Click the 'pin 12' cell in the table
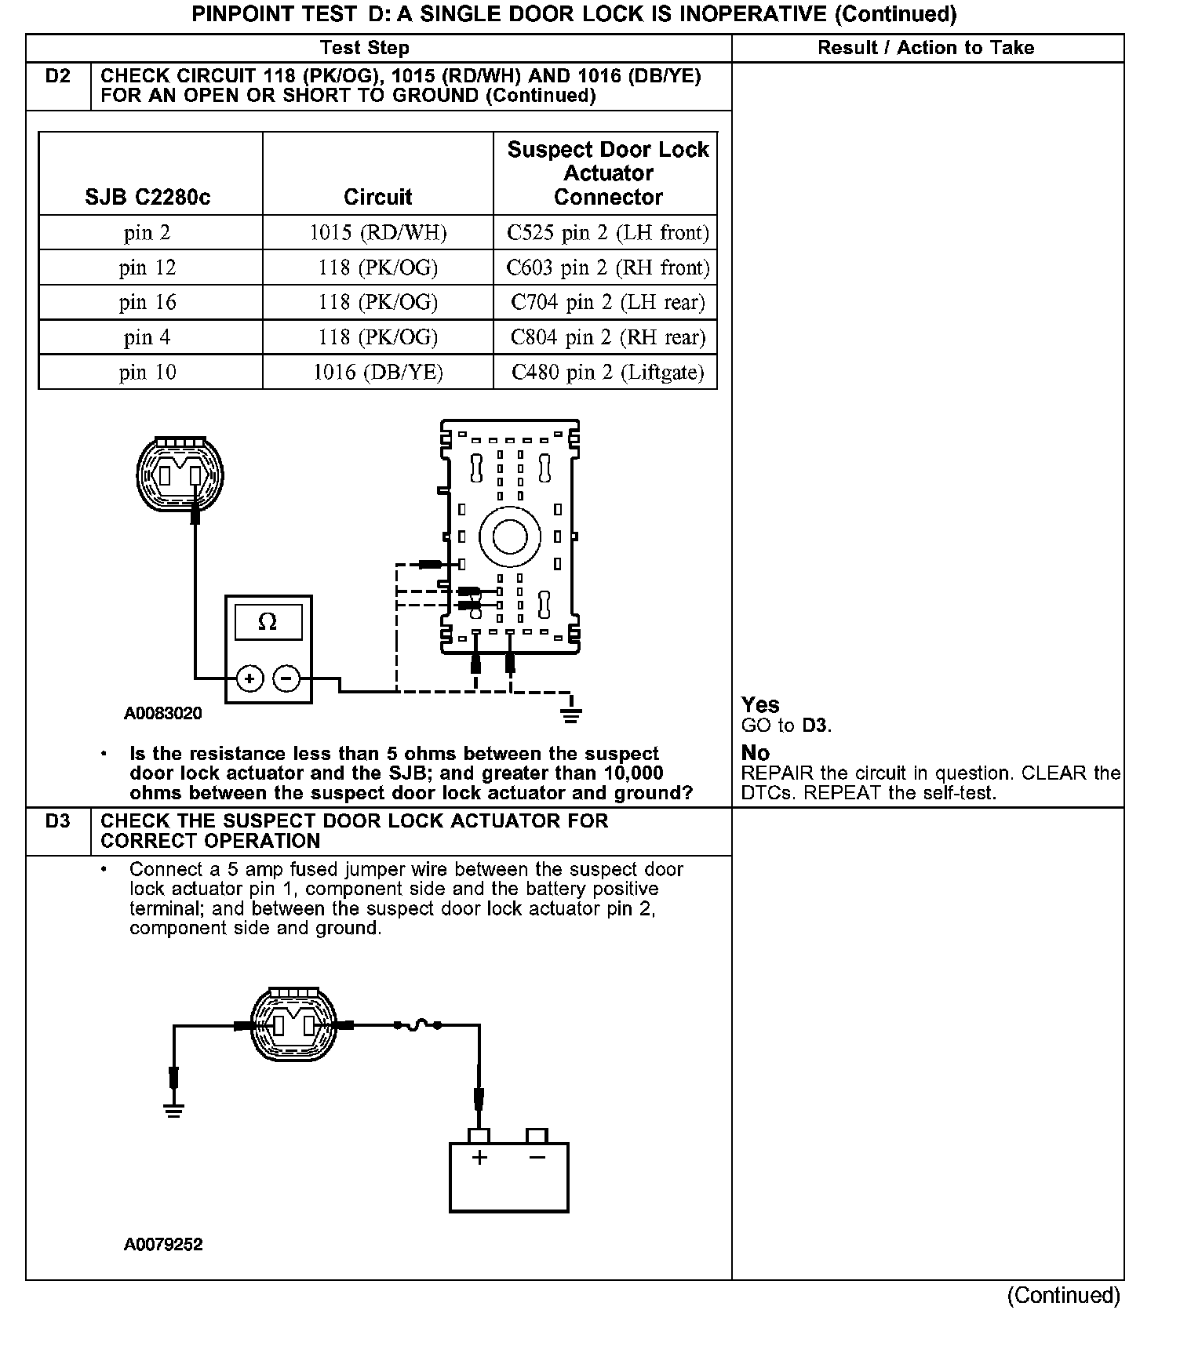click(147, 267)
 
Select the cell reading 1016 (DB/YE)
click(377, 372)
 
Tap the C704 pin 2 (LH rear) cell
click(607, 302)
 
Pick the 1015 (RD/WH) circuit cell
click(377, 233)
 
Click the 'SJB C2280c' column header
click(147, 197)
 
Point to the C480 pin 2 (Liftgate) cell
click(607, 372)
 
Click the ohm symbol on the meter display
click(268, 623)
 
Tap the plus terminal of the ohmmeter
click(249, 678)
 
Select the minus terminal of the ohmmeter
click(287, 678)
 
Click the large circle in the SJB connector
click(510, 537)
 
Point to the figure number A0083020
click(162, 714)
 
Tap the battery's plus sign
click(479, 1158)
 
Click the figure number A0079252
click(162, 1245)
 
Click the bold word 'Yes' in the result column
click(760, 704)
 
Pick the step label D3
click(58, 821)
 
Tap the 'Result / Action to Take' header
click(926, 48)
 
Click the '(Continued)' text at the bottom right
click(1064, 1295)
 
